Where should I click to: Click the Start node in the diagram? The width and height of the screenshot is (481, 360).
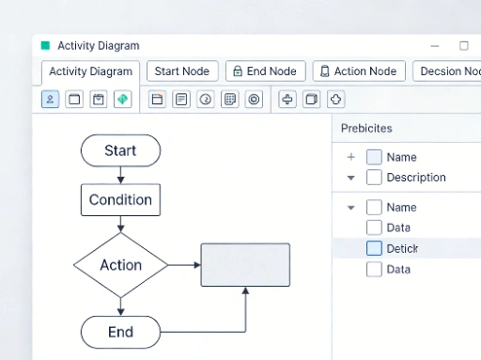coord(120,150)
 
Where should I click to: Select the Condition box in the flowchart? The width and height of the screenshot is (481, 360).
coord(120,199)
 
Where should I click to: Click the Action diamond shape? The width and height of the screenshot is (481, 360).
coord(120,265)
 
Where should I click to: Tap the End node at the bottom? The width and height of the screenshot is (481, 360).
coord(120,332)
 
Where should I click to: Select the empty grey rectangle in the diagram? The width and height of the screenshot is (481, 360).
coord(245,264)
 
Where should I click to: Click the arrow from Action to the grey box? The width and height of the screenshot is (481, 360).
coord(184,265)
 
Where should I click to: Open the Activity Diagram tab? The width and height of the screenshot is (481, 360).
coord(90,71)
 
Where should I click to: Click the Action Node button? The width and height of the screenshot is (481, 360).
coord(358,71)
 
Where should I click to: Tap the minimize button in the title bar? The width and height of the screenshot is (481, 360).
coord(434,45)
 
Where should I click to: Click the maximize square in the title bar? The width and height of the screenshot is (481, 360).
coord(464,45)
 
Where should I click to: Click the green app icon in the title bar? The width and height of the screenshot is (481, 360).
coord(45,45)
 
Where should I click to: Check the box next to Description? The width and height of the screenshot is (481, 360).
coord(374,177)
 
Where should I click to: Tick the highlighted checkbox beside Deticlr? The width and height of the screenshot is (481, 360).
coord(374,248)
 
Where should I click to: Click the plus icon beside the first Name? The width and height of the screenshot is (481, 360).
coord(350,157)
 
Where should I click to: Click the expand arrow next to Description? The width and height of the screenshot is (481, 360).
coord(350,177)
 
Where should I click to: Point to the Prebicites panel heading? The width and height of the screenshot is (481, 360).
coord(366,128)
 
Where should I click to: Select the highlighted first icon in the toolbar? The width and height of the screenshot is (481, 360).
coord(50,99)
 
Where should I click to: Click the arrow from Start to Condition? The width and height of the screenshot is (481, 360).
coord(120,175)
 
